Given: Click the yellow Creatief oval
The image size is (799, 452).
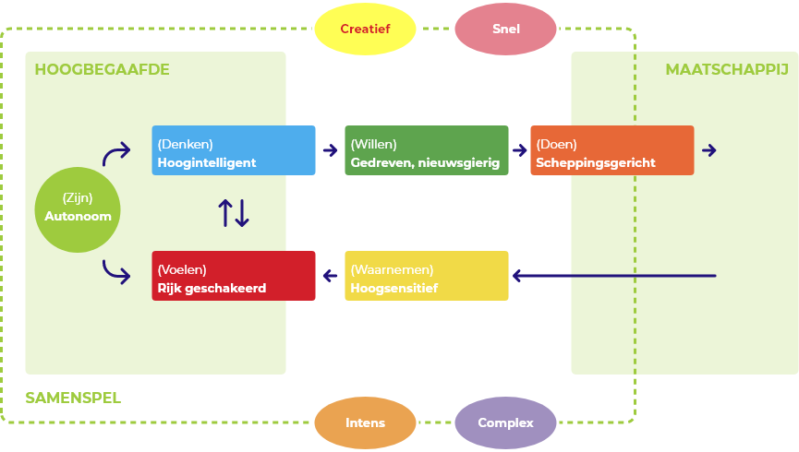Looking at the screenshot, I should (365, 29).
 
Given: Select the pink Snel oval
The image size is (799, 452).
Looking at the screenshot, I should (506, 29).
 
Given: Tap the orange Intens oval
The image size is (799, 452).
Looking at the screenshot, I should (365, 423).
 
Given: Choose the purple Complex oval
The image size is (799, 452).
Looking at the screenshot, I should (506, 423).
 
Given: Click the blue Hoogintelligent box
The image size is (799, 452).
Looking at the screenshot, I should (234, 150).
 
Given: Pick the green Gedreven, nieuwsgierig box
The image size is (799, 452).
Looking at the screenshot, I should (426, 150).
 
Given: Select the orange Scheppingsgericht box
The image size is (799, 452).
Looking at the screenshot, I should (611, 150).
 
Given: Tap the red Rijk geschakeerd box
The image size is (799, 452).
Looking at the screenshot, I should (234, 276).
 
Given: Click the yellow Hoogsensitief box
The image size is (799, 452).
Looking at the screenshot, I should (426, 276).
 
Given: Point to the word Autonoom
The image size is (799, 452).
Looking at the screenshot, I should (78, 217).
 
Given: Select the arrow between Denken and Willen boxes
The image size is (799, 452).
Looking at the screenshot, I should (331, 150).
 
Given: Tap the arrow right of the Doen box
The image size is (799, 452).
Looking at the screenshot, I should (708, 150).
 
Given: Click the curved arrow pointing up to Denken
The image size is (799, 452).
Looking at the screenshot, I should (116, 154).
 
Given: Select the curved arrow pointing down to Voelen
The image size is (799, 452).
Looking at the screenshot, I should (116, 271).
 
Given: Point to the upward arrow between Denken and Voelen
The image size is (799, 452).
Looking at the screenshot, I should (224, 213).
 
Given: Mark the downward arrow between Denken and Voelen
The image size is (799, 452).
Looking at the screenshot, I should (242, 213).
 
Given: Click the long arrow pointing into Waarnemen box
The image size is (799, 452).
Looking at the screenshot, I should (614, 276).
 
